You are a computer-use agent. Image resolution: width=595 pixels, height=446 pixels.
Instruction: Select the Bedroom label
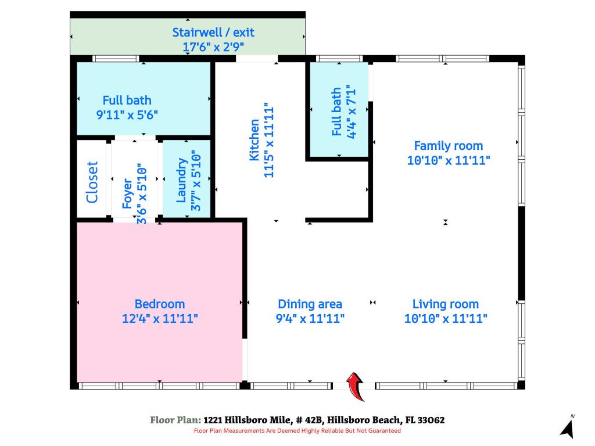point(160,304)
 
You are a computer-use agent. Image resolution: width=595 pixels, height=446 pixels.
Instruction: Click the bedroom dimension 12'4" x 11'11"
point(160,318)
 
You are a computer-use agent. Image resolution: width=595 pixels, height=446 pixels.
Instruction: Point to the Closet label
point(92,182)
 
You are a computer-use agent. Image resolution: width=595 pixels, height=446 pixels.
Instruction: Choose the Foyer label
point(127,193)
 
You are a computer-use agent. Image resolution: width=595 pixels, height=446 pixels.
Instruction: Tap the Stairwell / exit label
point(213,33)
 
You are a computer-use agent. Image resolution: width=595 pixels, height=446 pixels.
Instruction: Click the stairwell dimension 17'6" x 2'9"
point(213,47)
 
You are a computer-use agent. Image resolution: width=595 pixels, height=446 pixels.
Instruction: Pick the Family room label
point(448,146)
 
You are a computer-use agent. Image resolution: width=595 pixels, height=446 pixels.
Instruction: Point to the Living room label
point(446,304)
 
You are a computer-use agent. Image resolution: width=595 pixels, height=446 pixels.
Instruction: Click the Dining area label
point(310,304)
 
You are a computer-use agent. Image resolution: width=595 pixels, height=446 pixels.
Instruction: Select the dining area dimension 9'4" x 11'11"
point(310,318)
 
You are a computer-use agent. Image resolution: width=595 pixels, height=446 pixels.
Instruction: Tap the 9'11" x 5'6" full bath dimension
point(127,114)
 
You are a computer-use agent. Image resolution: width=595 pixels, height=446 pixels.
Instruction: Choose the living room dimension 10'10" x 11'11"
point(446,318)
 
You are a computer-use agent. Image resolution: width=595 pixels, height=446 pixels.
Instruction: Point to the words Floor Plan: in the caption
point(175,420)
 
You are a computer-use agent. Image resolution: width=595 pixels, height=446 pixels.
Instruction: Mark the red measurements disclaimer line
point(297,431)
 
